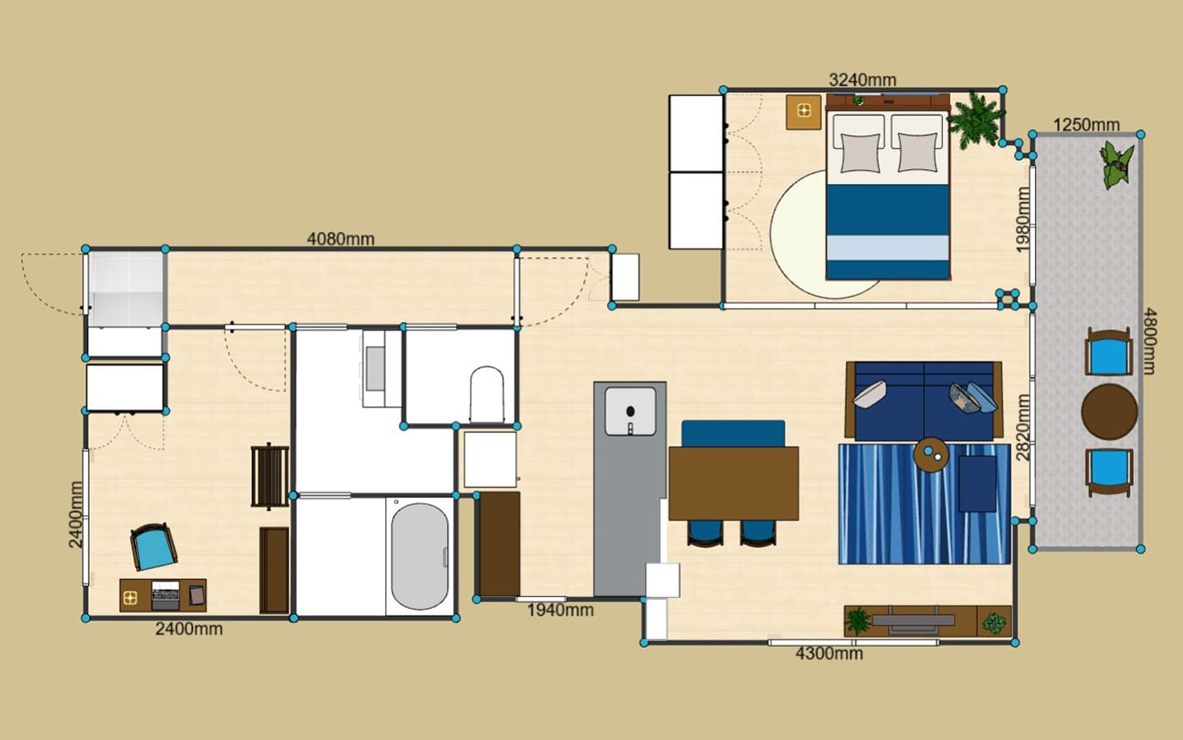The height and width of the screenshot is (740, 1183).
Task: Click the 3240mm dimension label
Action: [863, 79]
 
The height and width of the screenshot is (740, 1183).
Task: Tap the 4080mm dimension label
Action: [341, 238]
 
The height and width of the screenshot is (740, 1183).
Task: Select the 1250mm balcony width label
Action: [1087, 125]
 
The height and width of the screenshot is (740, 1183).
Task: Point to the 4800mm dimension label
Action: [1149, 342]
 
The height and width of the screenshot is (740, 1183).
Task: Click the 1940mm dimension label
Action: [560, 611]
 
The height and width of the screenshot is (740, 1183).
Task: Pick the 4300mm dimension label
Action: [829, 654]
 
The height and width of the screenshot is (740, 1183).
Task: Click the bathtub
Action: [419, 556]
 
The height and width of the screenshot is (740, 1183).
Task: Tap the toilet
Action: [487, 394]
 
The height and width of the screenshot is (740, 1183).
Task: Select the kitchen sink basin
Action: [630, 411]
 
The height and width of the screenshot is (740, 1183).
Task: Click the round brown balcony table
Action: [1109, 412]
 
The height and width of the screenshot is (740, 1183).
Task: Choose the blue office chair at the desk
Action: [154, 546]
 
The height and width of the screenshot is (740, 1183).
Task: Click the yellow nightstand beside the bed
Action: [804, 112]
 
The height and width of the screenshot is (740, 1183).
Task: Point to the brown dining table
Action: [733, 483]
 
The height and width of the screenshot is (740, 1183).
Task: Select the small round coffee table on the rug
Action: [931, 454]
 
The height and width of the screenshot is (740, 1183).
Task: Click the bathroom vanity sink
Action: [375, 369]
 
